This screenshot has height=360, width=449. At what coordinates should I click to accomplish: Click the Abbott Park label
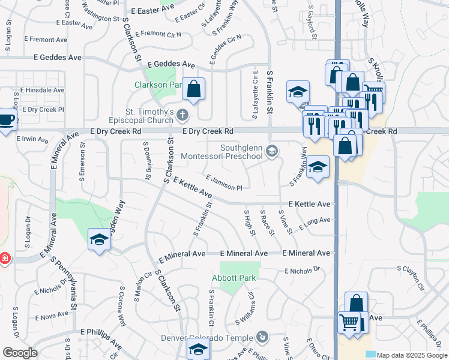(234, 278)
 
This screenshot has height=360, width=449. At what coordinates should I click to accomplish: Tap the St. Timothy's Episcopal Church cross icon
(183, 114)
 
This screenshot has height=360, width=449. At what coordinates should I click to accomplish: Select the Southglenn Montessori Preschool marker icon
(272, 151)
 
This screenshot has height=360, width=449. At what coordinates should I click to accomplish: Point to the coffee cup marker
(7, 119)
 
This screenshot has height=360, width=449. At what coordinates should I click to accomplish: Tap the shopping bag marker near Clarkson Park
(194, 89)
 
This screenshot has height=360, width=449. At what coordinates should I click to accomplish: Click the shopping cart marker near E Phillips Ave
(349, 322)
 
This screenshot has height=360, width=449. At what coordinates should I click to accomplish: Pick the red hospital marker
(4, 258)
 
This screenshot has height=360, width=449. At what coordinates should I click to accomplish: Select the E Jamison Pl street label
(224, 183)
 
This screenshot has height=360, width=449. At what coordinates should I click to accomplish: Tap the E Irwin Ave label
(32, 139)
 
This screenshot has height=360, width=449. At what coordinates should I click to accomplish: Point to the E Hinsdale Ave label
(42, 90)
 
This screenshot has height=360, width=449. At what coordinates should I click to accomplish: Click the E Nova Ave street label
(52, 316)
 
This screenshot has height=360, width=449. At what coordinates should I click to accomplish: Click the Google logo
(20, 353)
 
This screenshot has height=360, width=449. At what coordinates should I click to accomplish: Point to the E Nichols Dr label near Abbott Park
(303, 271)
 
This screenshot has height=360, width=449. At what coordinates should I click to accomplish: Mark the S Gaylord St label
(312, 23)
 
